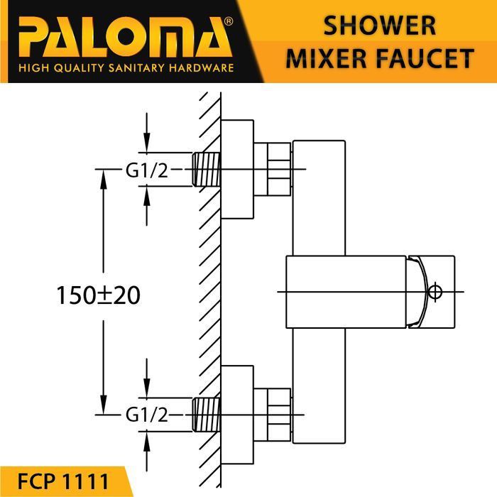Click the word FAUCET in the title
428,58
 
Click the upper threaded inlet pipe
206,170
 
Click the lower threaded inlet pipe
206,414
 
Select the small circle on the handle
436,291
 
